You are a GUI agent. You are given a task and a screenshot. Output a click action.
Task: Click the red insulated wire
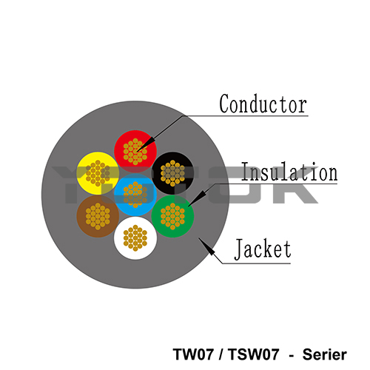[135, 152]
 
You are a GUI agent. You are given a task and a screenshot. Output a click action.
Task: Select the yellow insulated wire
[98, 173]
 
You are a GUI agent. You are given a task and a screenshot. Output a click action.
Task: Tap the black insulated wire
[172, 173]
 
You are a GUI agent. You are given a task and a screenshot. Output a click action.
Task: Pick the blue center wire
[135, 195]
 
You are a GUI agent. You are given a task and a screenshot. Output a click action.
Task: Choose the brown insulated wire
[98, 216]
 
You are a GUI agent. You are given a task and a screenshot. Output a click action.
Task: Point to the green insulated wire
[172, 216]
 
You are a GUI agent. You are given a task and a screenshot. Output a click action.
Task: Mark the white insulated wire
[135, 238]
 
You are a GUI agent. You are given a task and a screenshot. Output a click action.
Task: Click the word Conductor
[263, 104]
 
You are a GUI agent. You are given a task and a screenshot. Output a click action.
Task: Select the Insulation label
[289, 172]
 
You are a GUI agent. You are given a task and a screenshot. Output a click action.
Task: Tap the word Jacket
[263, 249]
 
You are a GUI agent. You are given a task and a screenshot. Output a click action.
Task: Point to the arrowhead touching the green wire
[197, 198]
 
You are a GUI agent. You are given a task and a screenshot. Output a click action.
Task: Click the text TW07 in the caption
[193, 354]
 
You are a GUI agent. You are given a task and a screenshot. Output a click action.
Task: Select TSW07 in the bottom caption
[253, 354]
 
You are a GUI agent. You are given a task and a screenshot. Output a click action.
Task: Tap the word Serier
[325, 354]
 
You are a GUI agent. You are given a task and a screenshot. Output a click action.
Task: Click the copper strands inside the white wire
[135, 238]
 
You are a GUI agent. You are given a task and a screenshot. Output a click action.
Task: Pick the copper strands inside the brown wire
[98, 216]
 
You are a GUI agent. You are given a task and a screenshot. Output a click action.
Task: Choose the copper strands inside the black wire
[172, 173]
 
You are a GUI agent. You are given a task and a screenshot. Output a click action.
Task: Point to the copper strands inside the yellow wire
[98, 173]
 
